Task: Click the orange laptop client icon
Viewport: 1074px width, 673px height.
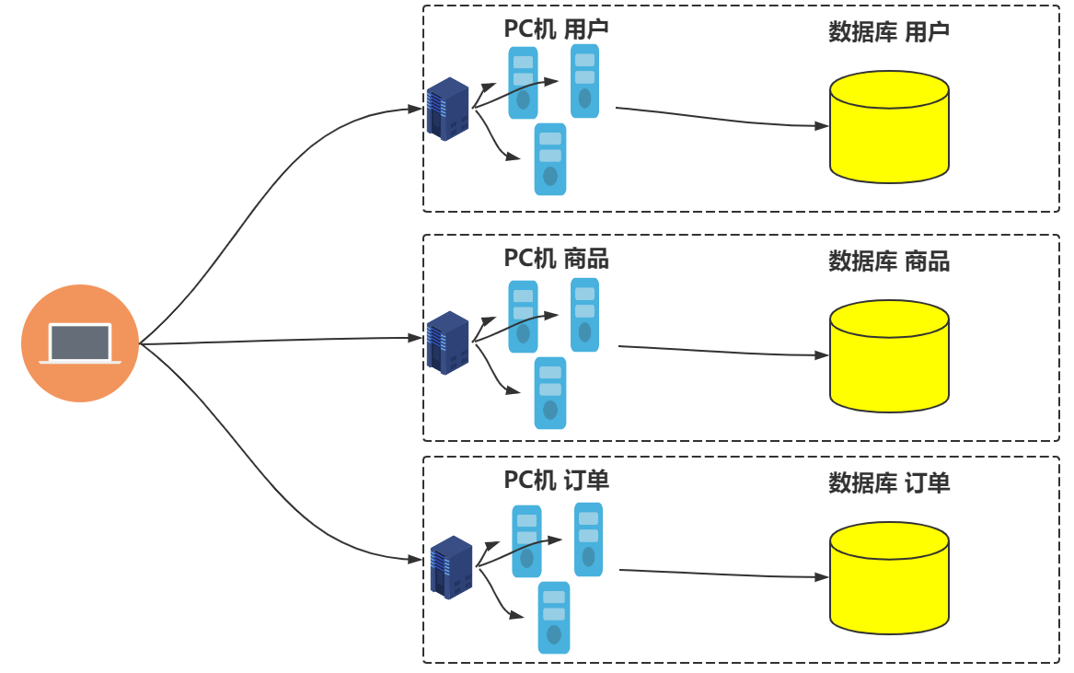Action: coord(80,343)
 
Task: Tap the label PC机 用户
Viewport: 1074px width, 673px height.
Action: coord(556,29)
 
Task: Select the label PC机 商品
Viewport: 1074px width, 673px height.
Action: coord(556,258)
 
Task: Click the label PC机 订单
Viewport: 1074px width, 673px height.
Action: coord(556,480)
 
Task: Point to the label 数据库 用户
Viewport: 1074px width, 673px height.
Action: coord(889,32)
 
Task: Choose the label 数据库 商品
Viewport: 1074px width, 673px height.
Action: coord(889,261)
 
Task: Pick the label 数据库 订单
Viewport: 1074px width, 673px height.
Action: coord(889,482)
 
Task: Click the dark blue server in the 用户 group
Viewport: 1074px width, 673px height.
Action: coord(448,110)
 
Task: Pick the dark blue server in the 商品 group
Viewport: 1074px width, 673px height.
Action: coord(448,342)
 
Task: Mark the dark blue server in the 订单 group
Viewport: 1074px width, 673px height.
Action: coord(451,567)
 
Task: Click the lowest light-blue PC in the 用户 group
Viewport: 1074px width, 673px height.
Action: coord(550,159)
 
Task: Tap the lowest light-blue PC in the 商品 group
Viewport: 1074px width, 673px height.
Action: coord(550,393)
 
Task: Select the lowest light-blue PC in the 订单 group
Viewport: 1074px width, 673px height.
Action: coord(554,618)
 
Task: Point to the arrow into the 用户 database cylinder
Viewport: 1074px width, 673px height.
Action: coord(718,117)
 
